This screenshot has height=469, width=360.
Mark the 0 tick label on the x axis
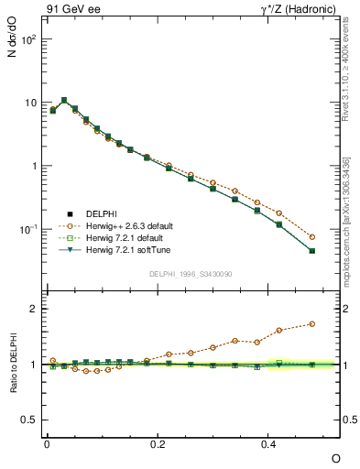(47, 443)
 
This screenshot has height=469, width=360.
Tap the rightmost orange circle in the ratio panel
(312, 323)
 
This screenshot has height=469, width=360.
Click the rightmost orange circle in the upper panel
(312, 237)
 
